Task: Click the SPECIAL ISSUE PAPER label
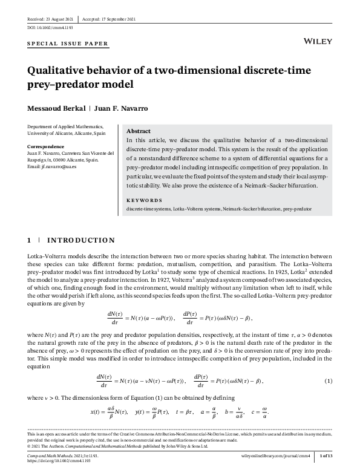point(68,44)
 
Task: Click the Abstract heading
point(139,131)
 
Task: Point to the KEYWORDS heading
point(144,200)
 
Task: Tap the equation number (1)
point(329,380)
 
